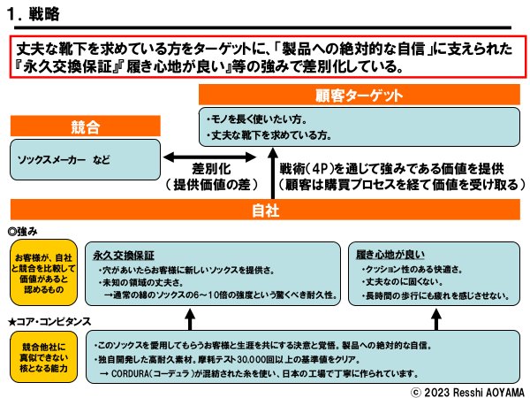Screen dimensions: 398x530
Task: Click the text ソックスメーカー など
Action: [64, 162]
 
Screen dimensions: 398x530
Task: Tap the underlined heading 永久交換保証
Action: [118, 250]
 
